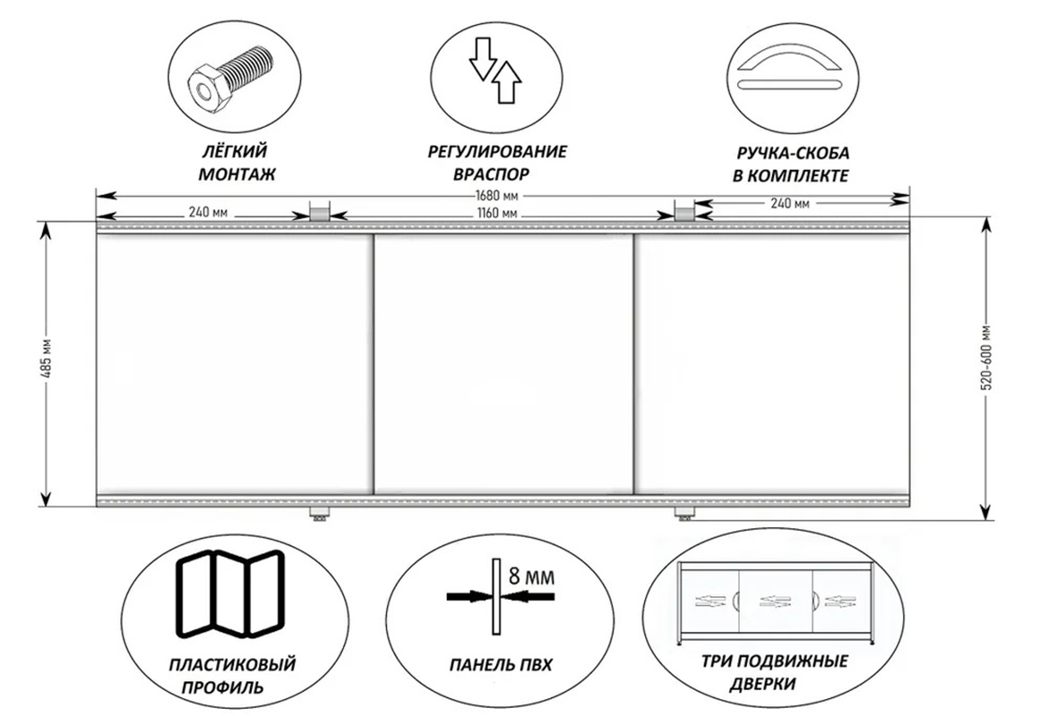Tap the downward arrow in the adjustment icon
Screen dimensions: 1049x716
tap(481, 58)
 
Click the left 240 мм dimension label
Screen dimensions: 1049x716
tap(208, 213)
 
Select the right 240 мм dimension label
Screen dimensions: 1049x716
tap(790, 203)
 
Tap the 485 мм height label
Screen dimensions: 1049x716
tap(47, 363)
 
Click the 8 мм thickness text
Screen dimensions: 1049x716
tap(532, 576)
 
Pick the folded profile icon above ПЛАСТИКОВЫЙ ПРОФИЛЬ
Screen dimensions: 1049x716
tap(228, 593)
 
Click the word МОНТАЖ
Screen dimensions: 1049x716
tap(236, 175)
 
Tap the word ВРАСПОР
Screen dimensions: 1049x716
tap(491, 174)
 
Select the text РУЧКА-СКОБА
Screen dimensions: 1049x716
tap(793, 153)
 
